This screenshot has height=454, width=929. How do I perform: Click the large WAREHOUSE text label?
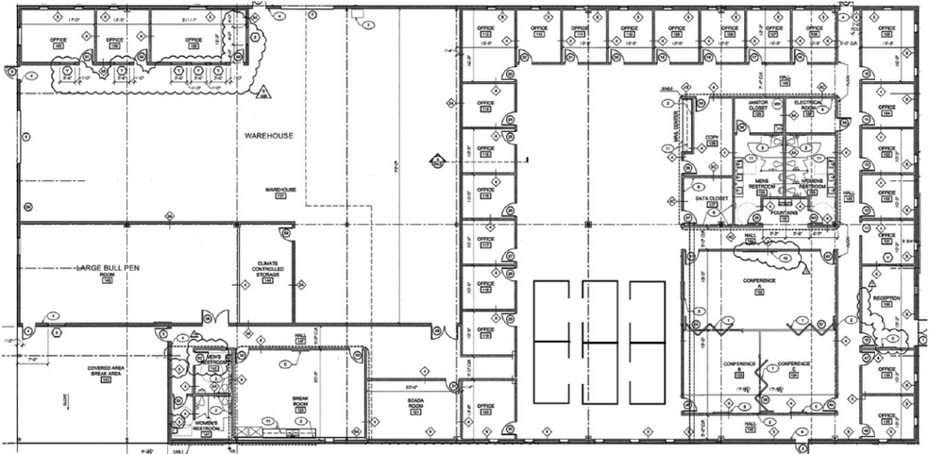coord(269,136)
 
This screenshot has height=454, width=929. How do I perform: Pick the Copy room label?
coord(713,140)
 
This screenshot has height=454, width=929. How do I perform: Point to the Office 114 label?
coord(486,104)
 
